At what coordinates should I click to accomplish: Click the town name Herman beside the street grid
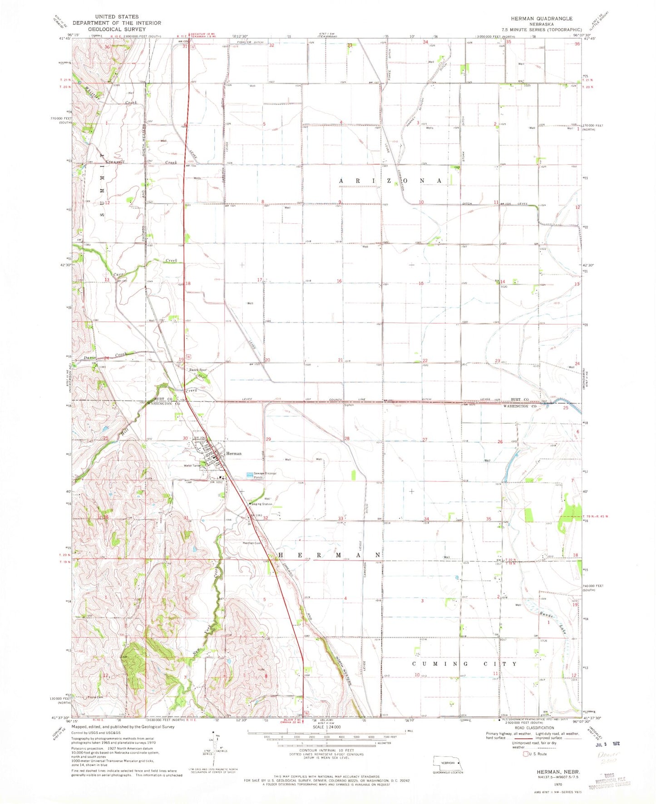(x=234, y=453)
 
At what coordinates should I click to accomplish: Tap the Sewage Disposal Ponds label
(x=265, y=475)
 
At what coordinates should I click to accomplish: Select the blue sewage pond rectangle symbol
(x=250, y=475)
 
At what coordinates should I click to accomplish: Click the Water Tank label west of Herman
(x=192, y=466)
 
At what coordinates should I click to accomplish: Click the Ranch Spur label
(x=198, y=370)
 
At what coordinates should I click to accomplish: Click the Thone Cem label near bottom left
(x=95, y=697)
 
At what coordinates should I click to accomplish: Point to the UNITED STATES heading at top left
(x=117, y=17)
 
